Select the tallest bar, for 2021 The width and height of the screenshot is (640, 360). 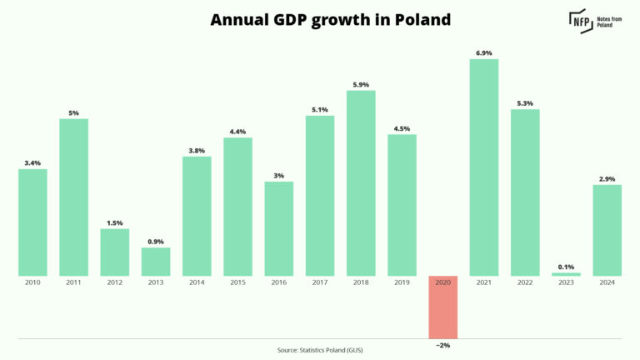pos(484,167)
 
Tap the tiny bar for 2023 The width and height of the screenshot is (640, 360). pos(566,273)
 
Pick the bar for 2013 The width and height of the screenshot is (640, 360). pos(156,261)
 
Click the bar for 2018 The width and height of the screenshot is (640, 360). pos(361,182)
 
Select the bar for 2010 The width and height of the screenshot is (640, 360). pos(32,222)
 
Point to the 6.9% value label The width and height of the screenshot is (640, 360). pos(484,53)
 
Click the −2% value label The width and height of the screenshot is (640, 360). pos(442,344)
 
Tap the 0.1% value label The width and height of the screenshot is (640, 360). pos(566,267)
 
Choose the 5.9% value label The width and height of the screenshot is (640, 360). pos(361,84)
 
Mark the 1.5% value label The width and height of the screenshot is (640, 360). pos(115,222)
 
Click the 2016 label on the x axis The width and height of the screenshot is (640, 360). pos(279,283)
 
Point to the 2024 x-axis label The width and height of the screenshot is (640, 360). pos(607,283)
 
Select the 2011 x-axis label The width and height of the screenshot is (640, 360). pos(73,283)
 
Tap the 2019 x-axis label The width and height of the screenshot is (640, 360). pos(402,283)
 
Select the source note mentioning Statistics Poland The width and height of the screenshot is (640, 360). pos(320,350)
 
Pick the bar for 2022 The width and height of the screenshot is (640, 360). pos(525,192)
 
